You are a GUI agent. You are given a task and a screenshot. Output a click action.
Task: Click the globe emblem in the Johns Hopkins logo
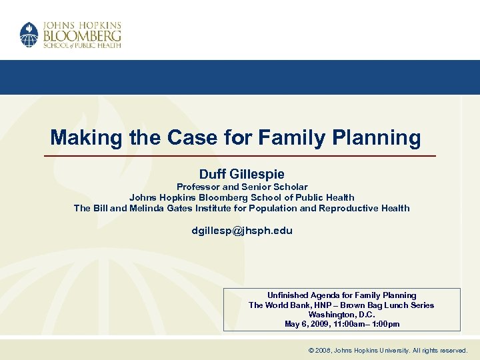[x=29, y=35]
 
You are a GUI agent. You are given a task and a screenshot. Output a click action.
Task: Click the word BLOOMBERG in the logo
[x=82, y=33]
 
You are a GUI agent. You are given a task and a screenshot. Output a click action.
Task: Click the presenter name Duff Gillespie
[x=241, y=174]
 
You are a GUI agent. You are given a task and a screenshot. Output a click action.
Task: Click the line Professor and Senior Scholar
[x=241, y=187]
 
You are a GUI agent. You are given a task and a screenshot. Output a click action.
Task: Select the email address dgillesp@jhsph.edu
[x=241, y=231]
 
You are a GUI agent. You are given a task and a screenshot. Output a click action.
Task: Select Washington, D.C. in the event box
[x=341, y=315]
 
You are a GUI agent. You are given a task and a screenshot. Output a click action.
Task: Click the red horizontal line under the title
[x=240, y=156]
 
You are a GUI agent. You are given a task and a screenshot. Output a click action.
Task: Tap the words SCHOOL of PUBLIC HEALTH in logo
[x=82, y=45]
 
